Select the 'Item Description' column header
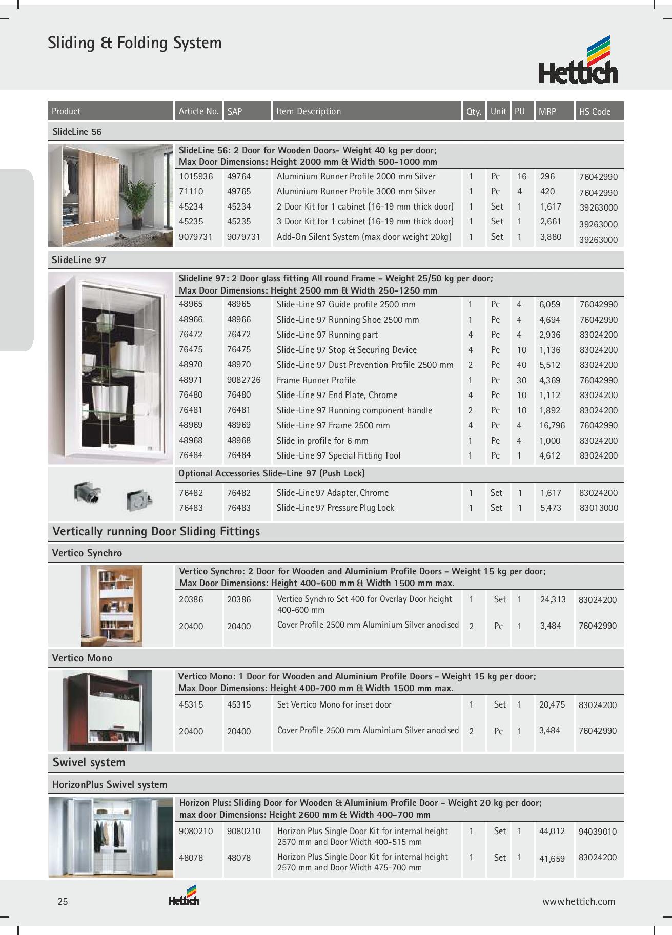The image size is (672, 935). [308, 111]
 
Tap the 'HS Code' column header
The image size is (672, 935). [594, 111]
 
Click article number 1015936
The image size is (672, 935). [196, 176]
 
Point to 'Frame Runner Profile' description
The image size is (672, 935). [316, 380]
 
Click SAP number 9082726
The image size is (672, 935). [243, 380]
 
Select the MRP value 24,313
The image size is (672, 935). [553, 599]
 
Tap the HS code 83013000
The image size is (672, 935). [598, 508]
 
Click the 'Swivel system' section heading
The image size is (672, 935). [89, 762]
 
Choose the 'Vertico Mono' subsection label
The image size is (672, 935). [82, 658]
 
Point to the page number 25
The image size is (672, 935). [63, 902]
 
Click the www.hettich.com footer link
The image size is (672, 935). [578, 902]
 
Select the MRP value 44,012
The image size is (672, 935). [552, 831]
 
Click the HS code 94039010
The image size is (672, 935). [597, 832]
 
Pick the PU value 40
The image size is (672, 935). [521, 365]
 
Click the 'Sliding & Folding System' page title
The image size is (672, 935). [135, 43]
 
